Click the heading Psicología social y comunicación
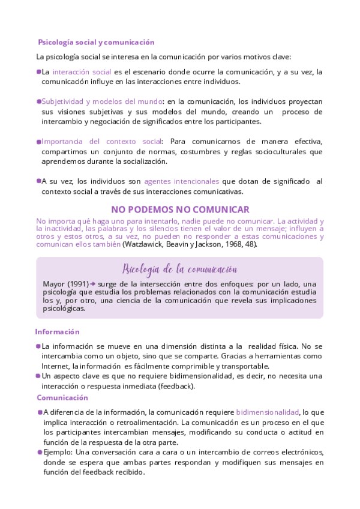[96, 43]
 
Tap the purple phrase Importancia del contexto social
[102, 142]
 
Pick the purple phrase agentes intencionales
[182, 181]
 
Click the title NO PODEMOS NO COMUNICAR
[180, 209]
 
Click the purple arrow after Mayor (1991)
[93, 283]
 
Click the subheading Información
[58, 332]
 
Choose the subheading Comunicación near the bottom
[62, 397]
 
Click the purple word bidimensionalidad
[268, 412]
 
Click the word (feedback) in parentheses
[176, 386]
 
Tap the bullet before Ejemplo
[40, 452]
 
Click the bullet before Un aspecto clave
[38, 376]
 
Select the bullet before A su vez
[38, 181]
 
